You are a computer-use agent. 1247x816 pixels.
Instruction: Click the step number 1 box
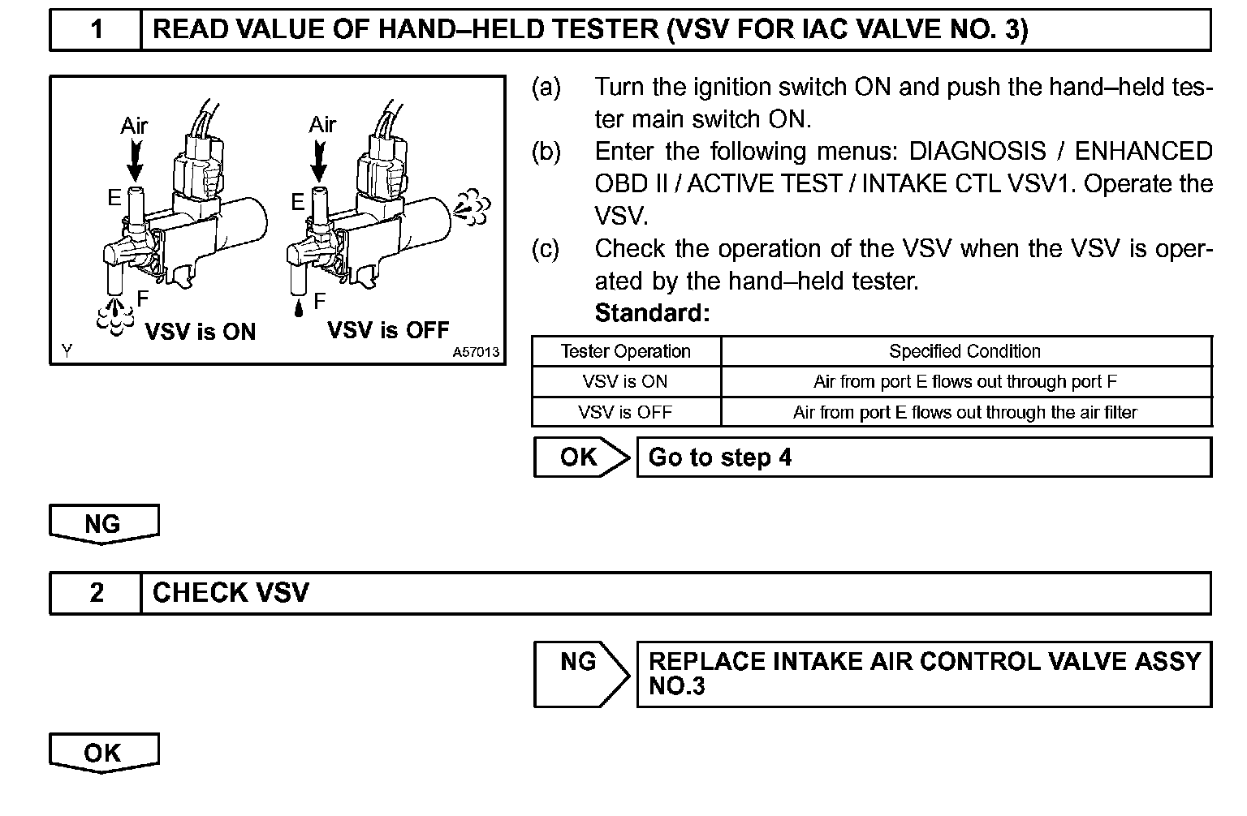pos(96,30)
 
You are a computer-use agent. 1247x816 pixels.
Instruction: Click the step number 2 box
pos(96,593)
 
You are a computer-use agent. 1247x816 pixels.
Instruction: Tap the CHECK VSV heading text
pos(231,593)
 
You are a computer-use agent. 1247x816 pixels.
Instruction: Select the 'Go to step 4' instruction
pos(720,457)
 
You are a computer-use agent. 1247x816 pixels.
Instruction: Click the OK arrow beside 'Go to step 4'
pos(580,457)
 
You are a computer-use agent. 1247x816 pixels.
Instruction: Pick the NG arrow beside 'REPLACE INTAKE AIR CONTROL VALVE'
pos(580,673)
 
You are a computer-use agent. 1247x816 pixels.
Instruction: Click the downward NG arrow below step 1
pos(103,524)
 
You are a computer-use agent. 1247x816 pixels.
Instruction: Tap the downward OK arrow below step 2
pos(103,753)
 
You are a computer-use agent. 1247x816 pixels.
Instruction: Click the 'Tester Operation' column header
pos(625,351)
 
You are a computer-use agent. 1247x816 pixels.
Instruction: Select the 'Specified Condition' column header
pos(964,351)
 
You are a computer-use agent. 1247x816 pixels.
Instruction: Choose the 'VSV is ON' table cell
pos(625,381)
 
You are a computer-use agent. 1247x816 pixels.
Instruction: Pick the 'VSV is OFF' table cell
pos(625,412)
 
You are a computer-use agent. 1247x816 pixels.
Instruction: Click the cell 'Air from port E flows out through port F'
pos(964,381)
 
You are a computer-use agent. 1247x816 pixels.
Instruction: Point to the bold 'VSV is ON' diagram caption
pos(200,332)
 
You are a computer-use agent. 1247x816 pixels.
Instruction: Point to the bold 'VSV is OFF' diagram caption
pos(388,330)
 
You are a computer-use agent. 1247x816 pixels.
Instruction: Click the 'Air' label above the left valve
pos(134,126)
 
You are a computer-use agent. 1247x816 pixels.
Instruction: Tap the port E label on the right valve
pos(298,202)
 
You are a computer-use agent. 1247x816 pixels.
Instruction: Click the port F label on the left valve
pos(143,298)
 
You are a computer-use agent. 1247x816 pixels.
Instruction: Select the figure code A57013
pos(476,353)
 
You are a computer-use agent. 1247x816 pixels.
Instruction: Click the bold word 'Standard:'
pos(652,313)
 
